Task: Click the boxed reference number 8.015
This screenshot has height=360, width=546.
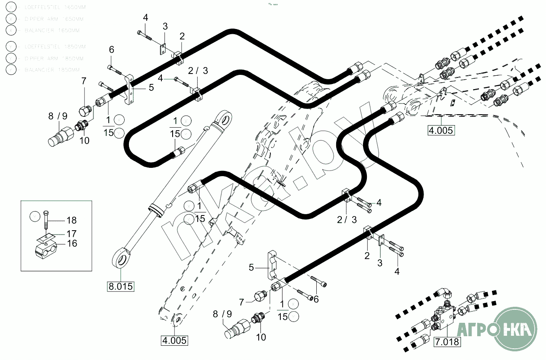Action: pyautogui.click(x=121, y=286)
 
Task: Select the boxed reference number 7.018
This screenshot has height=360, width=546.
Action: pyautogui.click(x=446, y=342)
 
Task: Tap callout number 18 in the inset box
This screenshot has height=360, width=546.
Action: pyautogui.click(x=71, y=220)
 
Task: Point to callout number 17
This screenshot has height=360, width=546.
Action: pyautogui.click(x=71, y=233)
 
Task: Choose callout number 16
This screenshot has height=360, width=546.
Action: pyautogui.click(x=72, y=244)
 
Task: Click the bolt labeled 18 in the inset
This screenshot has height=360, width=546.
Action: pyautogui.click(x=46, y=222)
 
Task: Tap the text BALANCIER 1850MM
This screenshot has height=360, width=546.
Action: pyautogui.click(x=52, y=70)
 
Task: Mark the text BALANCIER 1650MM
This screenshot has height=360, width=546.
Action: pyautogui.click(x=52, y=31)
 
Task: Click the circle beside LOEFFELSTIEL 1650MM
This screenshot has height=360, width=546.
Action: pyautogui.click(x=11, y=7)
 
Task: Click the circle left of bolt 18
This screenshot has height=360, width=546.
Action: pyautogui.click(x=35, y=215)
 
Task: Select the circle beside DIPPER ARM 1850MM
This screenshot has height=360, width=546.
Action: pyautogui.click(x=11, y=58)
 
